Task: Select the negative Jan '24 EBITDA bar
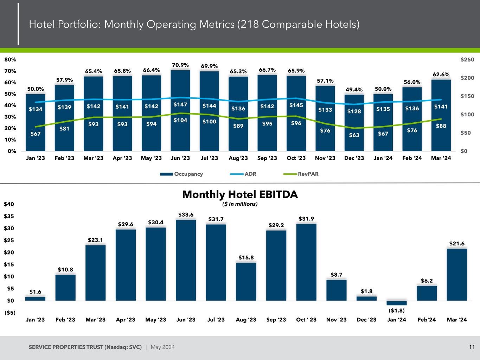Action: (396, 303)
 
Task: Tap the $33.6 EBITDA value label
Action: (186, 215)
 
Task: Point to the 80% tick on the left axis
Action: (10, 60)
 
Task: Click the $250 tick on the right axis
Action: (467, 60)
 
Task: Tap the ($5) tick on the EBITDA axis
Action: (9, 313)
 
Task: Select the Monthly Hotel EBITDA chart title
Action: (240, 194)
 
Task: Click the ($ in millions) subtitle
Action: (240, 204)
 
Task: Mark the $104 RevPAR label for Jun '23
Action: (180, 120)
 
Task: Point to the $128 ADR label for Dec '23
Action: (354, 111)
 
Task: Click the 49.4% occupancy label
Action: (354, 90)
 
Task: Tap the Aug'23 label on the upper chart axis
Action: (238, 158)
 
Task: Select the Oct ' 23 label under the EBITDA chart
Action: (306, 320)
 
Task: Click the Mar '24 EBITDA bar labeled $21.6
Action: (457, 274)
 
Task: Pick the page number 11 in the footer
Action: (472, 347)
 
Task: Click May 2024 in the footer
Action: (162, 347)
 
